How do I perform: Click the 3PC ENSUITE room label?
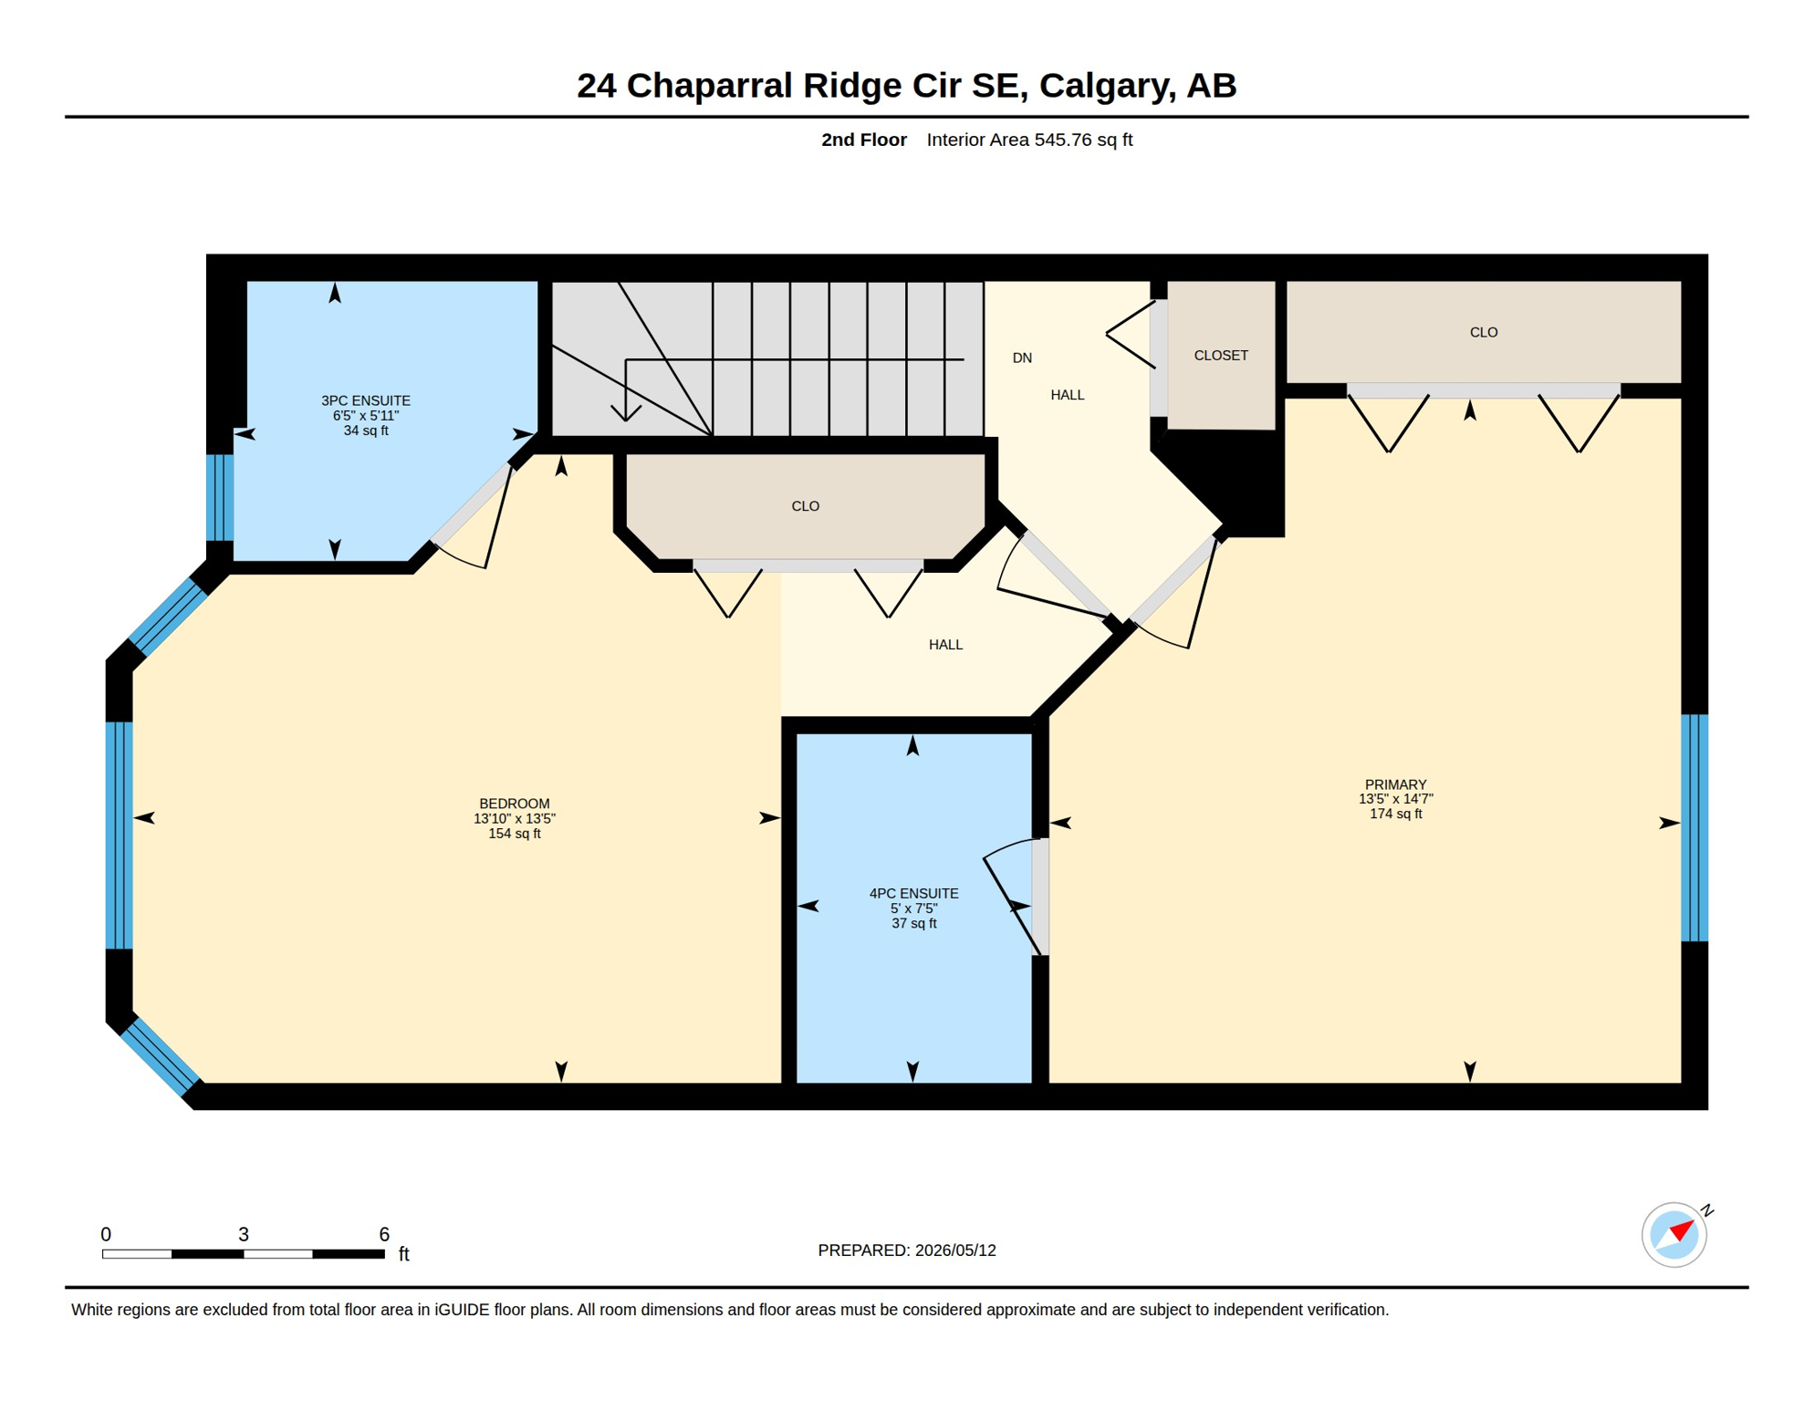(366, 400)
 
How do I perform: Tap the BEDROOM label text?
(515, 804)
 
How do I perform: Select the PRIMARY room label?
(1395, 784)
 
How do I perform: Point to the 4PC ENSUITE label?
(913, 894)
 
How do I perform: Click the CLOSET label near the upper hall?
(1221, 356)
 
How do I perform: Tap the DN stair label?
(1022, 358)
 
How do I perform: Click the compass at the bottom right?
(1674, 1235)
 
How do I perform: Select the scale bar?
(244, 1254)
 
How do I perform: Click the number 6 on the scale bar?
(384, 1234)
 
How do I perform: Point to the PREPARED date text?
(907, 1251)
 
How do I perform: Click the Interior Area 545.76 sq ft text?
(1029, 140)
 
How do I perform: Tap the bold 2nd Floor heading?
(863, 140)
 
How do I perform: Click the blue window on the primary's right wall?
(1694, 827)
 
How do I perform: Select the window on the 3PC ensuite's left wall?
(220, 497)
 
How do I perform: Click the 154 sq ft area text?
(515, 834)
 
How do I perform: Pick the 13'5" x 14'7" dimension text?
(1395, 799)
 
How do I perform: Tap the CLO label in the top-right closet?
(1484, 333)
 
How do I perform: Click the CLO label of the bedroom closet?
(805, 506)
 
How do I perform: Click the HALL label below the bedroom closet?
(945, 645)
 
